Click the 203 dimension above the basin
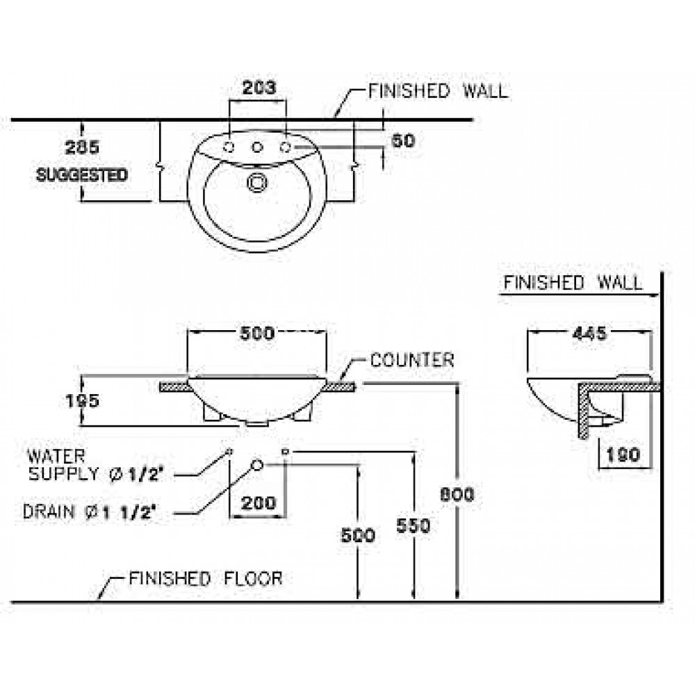pos(259,88)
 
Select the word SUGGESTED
pos(82,174)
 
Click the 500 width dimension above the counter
pos(257,333)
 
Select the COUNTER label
pos(412,360)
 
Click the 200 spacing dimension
pos(259,502)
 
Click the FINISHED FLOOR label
pos(206,578)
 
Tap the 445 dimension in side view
pos(589,333)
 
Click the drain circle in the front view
pos(256,464)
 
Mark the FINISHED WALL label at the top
pos(438,91)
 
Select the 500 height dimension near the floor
pos(359,535)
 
